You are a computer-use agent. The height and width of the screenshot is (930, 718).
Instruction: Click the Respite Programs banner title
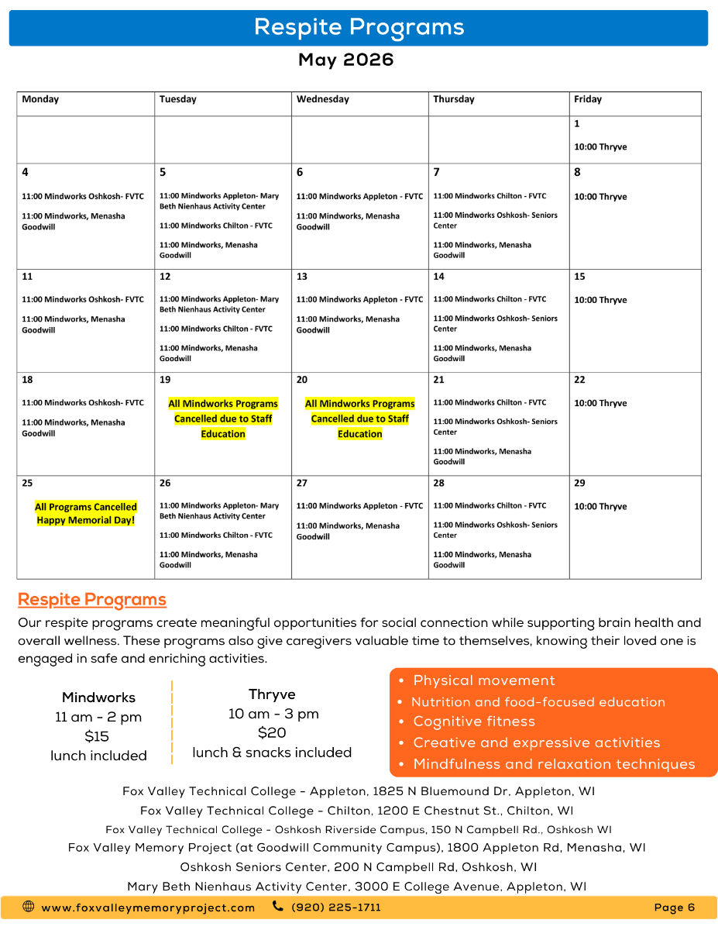(359, 27)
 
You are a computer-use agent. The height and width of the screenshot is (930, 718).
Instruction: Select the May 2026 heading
(346, 60)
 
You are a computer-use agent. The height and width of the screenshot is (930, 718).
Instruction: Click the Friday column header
(588, 99)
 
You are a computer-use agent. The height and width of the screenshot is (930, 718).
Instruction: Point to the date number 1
(577, 124)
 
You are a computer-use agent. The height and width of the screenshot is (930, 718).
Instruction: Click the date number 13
(302, 277)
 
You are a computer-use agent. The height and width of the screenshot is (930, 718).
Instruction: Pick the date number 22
(580, 380)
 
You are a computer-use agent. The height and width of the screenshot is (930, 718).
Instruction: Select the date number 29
(580, 483)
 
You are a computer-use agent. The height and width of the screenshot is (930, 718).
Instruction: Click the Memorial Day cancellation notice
(86, 514)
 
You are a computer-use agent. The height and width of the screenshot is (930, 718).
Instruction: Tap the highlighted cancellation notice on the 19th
(223, 418)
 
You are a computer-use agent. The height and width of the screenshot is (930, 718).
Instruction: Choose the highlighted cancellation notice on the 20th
(360, 418)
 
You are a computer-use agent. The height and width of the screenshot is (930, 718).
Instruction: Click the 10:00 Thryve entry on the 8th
(600, 197)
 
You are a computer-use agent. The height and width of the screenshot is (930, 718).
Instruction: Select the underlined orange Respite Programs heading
(92, 600)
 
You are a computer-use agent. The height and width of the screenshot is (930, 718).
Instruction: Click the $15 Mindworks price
(97, 736)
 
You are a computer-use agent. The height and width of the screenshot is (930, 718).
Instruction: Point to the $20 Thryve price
(272, 733)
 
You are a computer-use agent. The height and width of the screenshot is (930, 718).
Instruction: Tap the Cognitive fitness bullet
(474, 722)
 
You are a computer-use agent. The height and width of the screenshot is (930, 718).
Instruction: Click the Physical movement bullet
(484, 680)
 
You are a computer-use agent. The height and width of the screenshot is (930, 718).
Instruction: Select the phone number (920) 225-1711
(336, 908)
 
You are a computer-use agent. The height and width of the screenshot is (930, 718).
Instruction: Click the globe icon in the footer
(29, 907)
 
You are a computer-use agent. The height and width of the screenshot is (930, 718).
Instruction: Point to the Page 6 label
(675, 908)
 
